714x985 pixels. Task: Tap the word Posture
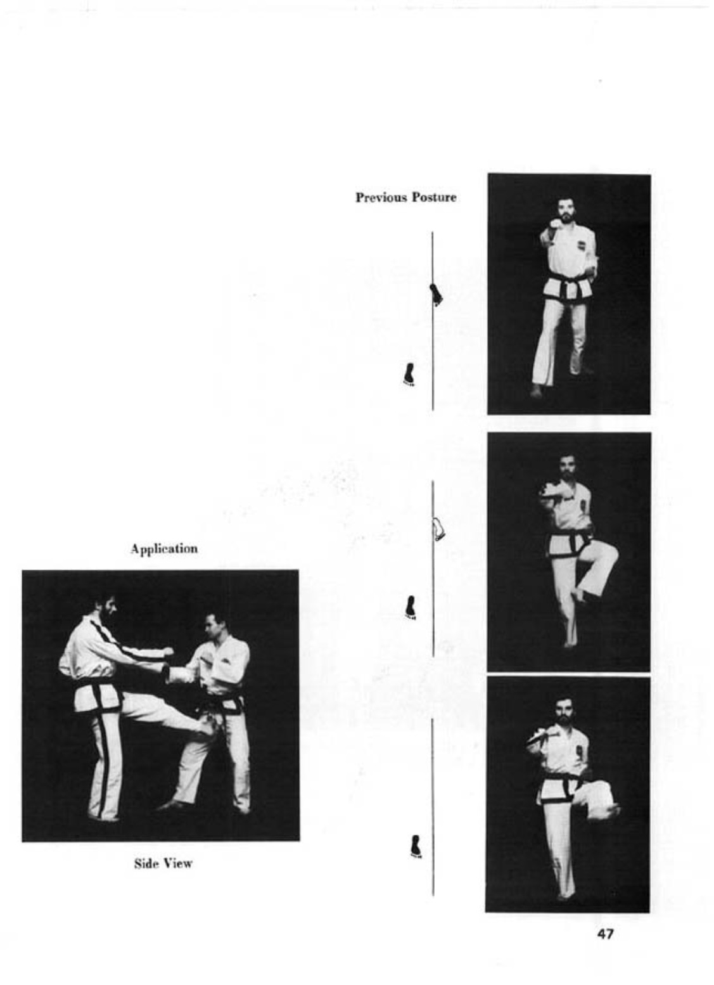coord(434,197)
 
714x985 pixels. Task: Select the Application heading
coord(164,549)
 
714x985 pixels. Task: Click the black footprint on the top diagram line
coord(435,295)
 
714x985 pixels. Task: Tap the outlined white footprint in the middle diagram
coord(438,529)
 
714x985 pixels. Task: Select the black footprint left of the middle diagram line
coord(411,608)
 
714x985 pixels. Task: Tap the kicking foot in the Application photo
coord(210,730)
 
